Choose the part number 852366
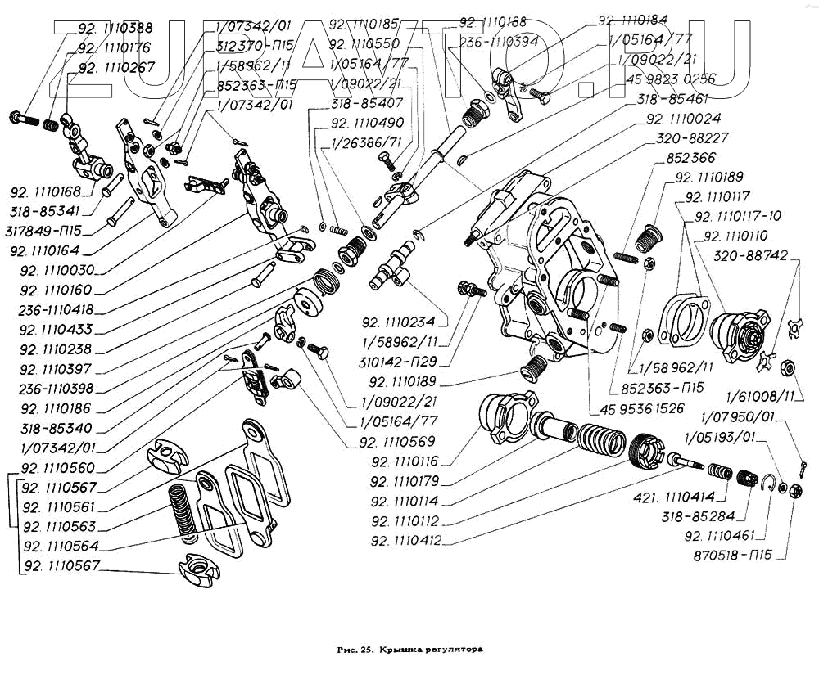pyautogui.click(x=691, y=158)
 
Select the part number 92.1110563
pyautogui.click(x=60, y=527)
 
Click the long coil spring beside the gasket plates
pyautogui.click(x=182, y=511)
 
